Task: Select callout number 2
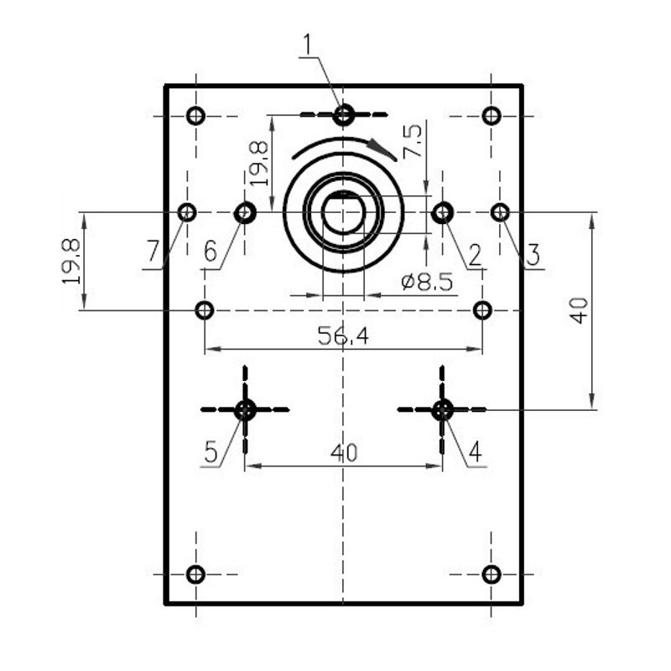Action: [x=475, y=256]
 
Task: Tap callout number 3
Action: [x=533, y=255]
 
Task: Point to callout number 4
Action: [x=476, y=451]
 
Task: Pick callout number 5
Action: [x=211, y=451]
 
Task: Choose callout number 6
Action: [x=211, y=251]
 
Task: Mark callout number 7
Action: [x=153, y=251]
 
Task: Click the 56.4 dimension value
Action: [x=343, y=335]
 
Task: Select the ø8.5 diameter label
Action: [x=427, y=282]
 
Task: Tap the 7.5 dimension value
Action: [x=413, y=142]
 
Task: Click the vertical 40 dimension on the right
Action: [x=580, y=310]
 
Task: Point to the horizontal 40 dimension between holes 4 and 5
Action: [x=344, y=453]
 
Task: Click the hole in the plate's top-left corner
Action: [x=196, y=116]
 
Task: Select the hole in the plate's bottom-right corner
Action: [x=492, y=575]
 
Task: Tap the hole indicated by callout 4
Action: [x=442, y=410]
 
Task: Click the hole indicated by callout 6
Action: [x=245, y=212]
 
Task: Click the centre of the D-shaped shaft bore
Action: [x=343, y=213]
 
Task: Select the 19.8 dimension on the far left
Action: [x=71, y=261]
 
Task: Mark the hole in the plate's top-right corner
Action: [x=492, y=116]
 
